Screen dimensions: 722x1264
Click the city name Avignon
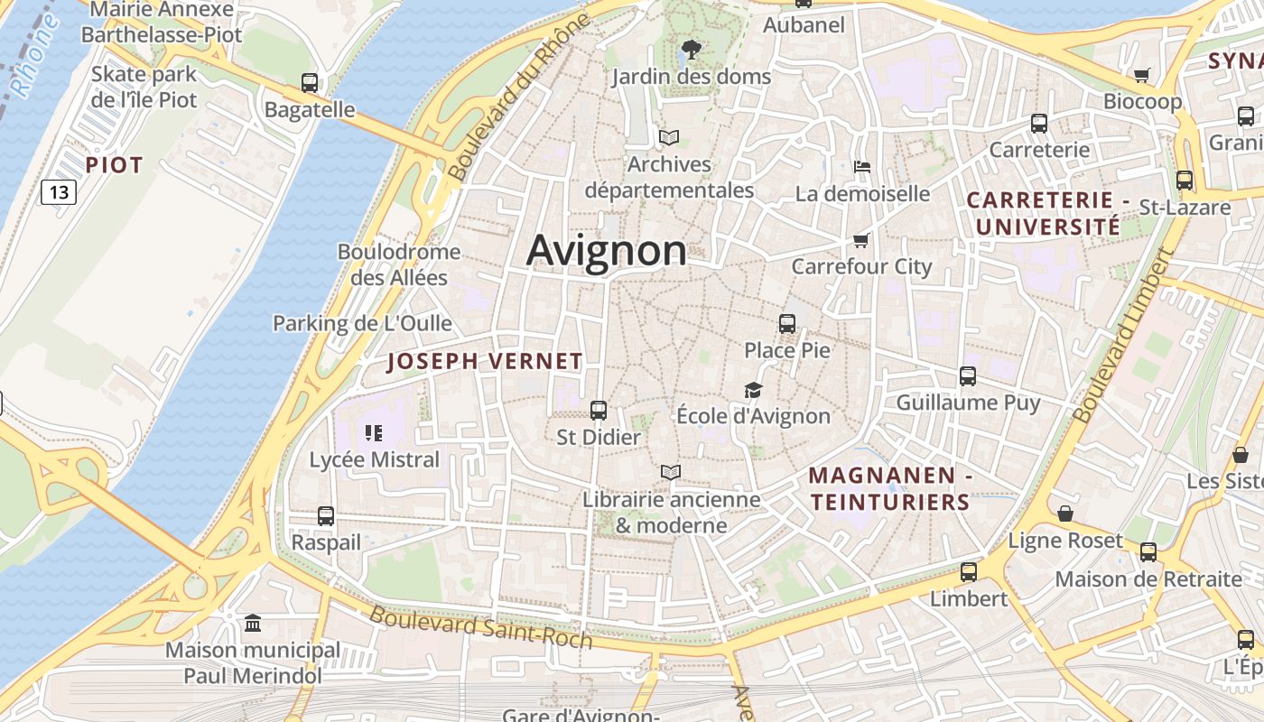tap(606, 250)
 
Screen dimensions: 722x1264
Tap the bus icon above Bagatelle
tap(310, 83)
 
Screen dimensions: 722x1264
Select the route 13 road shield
tap(59, 191)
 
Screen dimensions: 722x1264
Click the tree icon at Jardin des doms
tap(692, 50)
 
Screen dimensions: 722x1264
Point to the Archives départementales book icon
tap(669, 138)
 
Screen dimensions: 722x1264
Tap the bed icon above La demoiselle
tap(862, 167)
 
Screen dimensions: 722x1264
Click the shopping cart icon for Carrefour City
tap(860, 240)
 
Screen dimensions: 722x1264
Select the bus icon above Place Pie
tap(787, 323)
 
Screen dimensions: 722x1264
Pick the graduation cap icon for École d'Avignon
tap(753, 390)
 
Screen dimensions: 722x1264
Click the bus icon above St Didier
tap(598, 411)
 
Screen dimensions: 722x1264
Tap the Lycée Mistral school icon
tap(374, 433)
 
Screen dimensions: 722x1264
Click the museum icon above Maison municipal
tap(253, 624)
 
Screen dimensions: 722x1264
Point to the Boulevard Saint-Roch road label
tap(481, 627)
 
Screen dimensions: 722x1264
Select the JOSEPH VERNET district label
tap(485, 362)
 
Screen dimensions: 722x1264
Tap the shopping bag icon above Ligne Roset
tap(1065, 514)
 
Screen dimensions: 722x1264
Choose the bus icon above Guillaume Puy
tap(968, 376)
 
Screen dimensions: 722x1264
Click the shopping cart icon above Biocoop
tap(1142, 75)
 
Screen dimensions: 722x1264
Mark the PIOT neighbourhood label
tap(115, 165)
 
